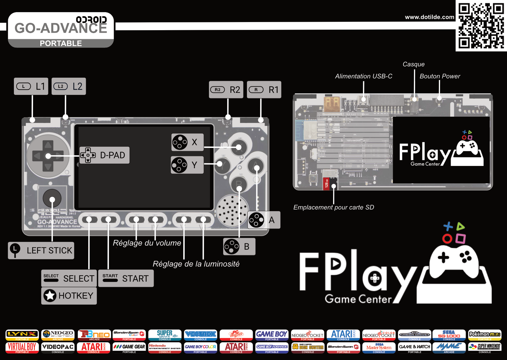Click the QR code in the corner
click(x=481, y=26)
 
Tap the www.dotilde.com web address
click(x=429, y=17)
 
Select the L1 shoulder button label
click(x=31, y=86)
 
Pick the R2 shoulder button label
click(x=226, y=90)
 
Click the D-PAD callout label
click(x=104, y=155)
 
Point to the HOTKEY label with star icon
click(x=69, y=296)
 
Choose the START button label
click(x=126, y=278)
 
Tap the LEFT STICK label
click(x=41, y=250)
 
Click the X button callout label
click(x=188, y=142)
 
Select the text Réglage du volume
click(x=147, y=243)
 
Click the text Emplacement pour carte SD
click(x=334, y=207)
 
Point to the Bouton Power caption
click(x=440, y=76)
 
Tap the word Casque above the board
click(x=414, y=64)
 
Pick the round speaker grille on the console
click(x=232, y=210)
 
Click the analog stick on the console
click(x=52, y=198)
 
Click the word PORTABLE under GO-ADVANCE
click(x=61, y=44)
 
